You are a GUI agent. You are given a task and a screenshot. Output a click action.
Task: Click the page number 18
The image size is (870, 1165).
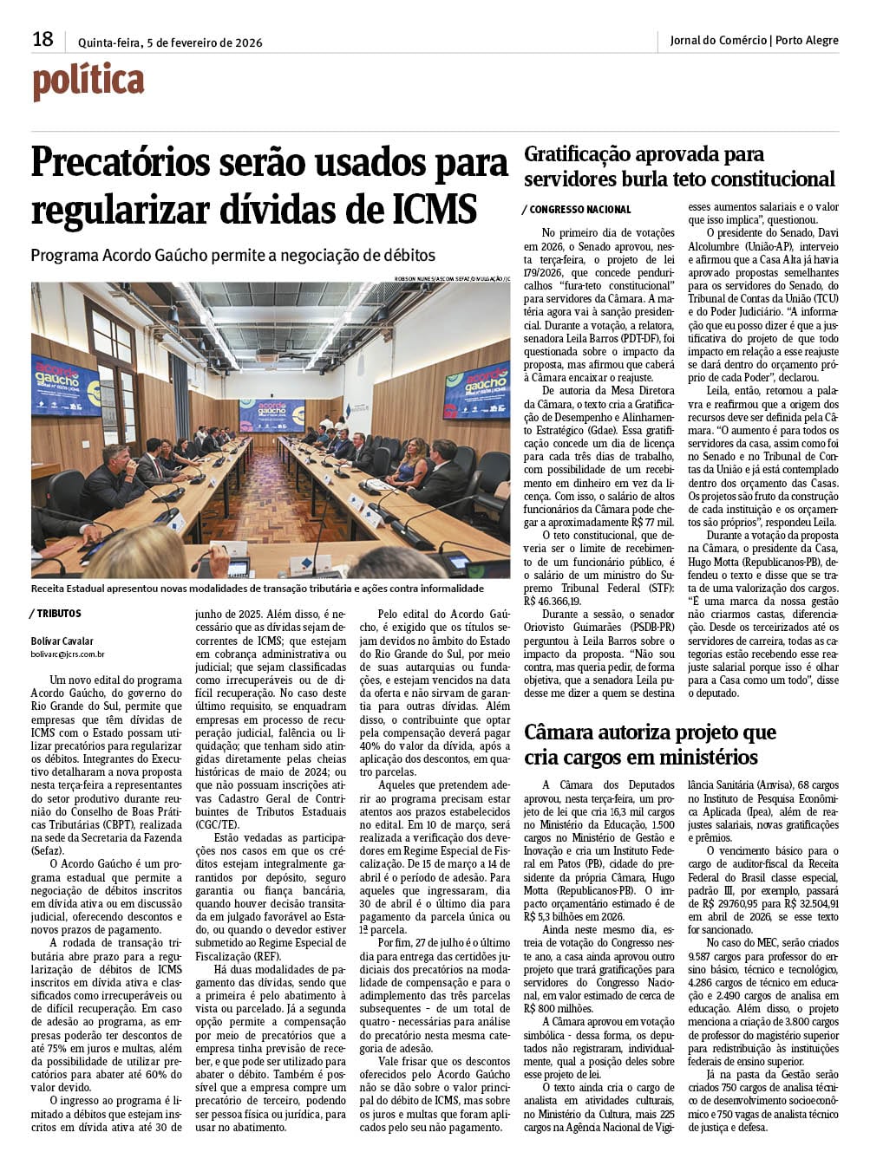tap(43, 39)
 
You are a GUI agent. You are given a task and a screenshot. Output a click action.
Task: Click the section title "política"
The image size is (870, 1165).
tap(88, 82)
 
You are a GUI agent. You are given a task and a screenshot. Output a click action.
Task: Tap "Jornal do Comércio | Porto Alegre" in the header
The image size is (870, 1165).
tap(754, 41)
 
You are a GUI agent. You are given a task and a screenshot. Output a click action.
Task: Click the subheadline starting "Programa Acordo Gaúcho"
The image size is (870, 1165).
tap(232, 256)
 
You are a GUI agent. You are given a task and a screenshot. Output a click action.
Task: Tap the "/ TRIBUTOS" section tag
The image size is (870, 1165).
tap(57, 614)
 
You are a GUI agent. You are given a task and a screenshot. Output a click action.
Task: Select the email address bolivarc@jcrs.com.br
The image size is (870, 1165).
tap(68, 655)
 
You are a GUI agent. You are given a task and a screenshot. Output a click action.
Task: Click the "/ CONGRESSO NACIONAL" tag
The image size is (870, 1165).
tap(577, 210)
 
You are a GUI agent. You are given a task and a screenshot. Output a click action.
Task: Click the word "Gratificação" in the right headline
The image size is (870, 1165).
tap(579, 155)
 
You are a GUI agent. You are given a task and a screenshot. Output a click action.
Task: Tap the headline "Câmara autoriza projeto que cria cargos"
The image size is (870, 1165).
tap(650, 745)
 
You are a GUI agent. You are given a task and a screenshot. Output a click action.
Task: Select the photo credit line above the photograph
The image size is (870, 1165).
tap(451, 278)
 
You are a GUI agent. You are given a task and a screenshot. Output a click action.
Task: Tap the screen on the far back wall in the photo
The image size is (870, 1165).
tap(271, 415)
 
